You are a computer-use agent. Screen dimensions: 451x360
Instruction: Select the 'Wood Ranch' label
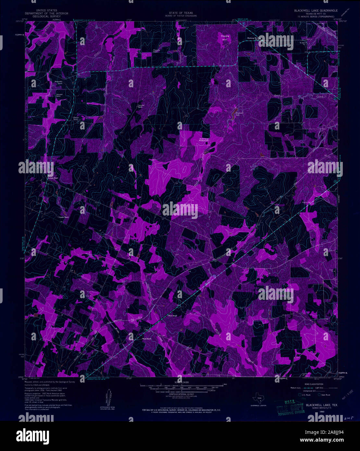pos(147,339)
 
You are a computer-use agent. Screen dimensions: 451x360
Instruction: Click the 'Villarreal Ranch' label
pos(75,118)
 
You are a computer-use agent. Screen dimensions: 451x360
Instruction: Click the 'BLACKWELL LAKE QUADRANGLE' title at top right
pos(316,11)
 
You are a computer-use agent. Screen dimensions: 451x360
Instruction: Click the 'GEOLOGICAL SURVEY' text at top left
pos(47,16)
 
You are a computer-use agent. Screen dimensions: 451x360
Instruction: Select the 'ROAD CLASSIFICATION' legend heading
pos(316,383)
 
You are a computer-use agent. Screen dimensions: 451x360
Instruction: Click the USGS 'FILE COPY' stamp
pos(290,406)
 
